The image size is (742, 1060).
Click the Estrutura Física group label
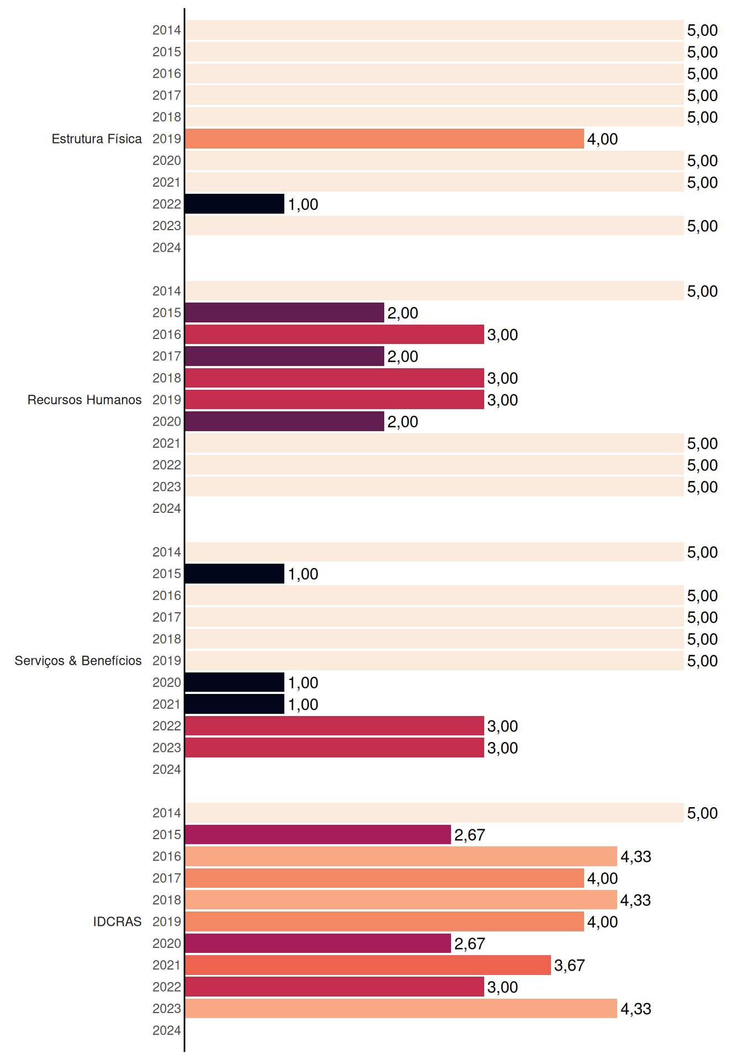click(x=97, y=139)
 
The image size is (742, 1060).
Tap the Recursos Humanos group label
click(x=84, y=400)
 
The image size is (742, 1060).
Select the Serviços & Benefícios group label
click(x=78, y=661)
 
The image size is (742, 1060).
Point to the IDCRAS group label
click(x=117, y=921)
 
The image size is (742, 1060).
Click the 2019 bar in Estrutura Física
click(x=384, y=139)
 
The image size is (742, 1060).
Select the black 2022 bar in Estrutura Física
click(x=235, y=204)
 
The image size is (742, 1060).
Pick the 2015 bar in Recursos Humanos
click(x=284, y=312)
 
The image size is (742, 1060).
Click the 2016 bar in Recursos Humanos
click(x=335, y=335)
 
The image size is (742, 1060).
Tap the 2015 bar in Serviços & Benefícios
click(x=235, y=574)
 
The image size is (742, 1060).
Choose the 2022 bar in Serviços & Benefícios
click(x=335, y=726)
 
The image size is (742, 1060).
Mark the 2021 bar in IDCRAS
click(x=368, y=965)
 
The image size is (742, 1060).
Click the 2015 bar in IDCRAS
click(x=318, y=835)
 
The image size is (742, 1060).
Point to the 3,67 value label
click(x=569, y=965)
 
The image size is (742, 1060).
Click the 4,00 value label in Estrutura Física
click(x=602, y=139)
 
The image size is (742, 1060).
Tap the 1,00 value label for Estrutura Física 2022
click(x=303, y=204)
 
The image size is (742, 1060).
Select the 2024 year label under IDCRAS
click(x=167, y=1030)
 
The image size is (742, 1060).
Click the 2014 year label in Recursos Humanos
click(x=167, y=291)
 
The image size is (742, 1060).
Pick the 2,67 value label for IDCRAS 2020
click(x=469, y=944)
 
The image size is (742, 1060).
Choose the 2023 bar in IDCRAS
click(x=401, y=1009)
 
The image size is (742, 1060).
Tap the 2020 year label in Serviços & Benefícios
click(x=167, y=682)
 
